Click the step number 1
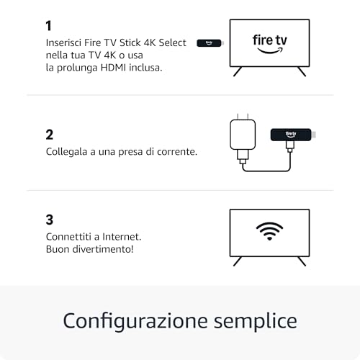pos(49,26)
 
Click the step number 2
pos(50,134)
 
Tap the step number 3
pos(50,220)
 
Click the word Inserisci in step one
pos(63,43)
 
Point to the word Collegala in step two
pos(68,152)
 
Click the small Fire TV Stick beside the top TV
pos(210,43)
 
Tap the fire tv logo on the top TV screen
pos(269,42)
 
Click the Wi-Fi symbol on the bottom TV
pos(269,230)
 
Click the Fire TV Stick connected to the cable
pos(291,134)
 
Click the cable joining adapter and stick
pos(266,170)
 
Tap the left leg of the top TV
pos(237,71)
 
